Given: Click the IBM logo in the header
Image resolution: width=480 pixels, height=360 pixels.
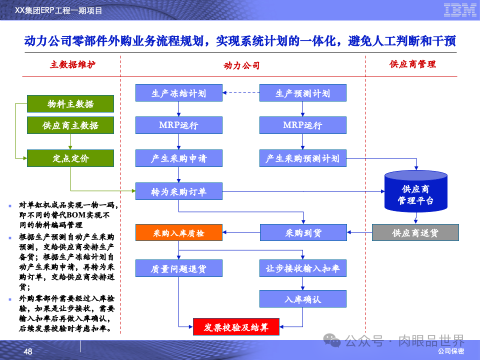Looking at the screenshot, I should [x=460, y=9].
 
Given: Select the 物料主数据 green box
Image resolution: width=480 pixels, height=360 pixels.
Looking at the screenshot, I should [x=70, y=103].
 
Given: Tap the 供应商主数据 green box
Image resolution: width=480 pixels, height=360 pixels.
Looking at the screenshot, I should [x=70, y=125].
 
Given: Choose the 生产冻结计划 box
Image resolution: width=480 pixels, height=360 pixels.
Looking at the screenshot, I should [x=179, y=93].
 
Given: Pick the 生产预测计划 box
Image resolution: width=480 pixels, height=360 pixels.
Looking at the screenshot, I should [x=303, y=93].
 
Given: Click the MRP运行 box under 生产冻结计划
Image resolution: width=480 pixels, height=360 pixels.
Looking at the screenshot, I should [x=179, y=125].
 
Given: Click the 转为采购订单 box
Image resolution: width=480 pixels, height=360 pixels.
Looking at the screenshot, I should [x=179, y=191].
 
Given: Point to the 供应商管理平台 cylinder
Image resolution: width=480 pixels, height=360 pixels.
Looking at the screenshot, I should [x=415, y=192].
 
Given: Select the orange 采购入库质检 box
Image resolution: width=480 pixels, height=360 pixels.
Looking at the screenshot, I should [x=179, y=233].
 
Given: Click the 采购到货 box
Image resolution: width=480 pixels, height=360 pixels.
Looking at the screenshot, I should [x=303, y=233].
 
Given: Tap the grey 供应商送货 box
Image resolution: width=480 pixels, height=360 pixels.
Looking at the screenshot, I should [x=415, y=233].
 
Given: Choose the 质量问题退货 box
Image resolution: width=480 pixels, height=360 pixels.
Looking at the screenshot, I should [x=179, y=268].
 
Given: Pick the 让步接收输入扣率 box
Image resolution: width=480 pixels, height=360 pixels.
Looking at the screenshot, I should [x=303, y=268].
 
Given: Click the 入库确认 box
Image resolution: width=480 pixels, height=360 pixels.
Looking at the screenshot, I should [x=303, y=299].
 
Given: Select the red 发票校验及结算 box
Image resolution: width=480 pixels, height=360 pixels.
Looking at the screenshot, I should [x=236, y=327].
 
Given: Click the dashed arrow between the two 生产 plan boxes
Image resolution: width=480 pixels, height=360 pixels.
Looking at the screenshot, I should [x=241, y=93].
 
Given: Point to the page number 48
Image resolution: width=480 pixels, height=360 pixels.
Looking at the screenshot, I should [x=28, y=351].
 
